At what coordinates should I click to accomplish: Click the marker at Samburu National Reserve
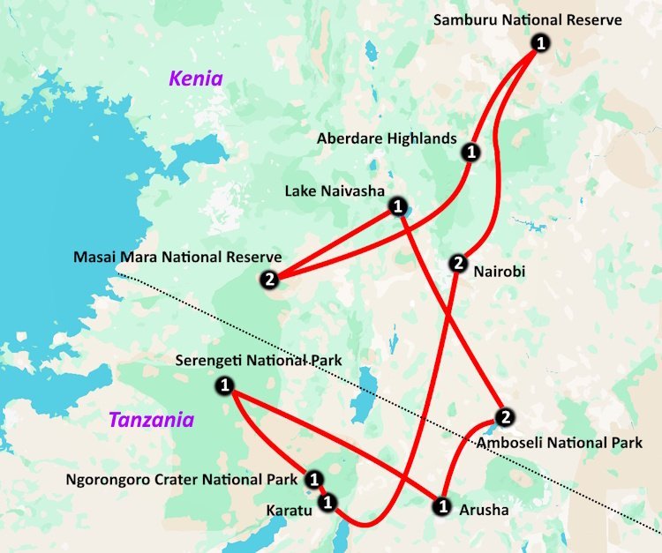540,42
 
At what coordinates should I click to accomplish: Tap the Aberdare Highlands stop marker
470,153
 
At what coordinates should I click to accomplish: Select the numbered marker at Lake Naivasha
397,206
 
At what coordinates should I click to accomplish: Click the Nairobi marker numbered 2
457,263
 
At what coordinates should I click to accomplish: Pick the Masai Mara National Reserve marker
269,280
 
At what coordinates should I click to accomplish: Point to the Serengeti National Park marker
224,385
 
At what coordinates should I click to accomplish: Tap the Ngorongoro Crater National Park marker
313,480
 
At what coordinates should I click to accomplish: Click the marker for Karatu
327,503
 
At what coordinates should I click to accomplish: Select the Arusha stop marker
441,507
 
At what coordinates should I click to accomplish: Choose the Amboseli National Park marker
504,417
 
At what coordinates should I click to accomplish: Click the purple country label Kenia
196,79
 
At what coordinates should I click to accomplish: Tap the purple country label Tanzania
151,420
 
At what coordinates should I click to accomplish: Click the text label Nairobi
499,272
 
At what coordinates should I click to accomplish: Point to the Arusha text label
485,510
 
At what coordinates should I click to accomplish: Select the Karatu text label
290,510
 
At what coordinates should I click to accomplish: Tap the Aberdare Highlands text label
387,138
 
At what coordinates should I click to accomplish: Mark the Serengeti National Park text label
259,361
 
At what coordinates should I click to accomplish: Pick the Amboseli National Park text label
560,443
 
